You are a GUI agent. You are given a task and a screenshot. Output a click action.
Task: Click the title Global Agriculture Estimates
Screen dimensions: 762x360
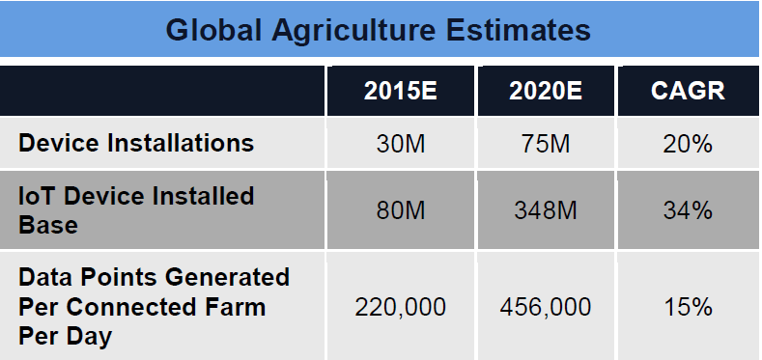pos(378,30)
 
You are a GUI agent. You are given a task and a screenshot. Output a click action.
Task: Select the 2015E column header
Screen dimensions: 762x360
pos(401,91)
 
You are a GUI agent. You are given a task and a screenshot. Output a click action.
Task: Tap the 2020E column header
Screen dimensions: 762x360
pos(546,91)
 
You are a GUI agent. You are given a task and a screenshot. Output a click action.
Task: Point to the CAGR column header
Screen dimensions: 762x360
pos(688,91)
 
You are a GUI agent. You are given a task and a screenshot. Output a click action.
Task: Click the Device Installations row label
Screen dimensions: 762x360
pos(136,143)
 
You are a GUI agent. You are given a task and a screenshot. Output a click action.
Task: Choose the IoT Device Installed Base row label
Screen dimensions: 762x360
pos(136,209)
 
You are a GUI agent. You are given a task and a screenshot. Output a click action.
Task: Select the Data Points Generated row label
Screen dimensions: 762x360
pos(155,307)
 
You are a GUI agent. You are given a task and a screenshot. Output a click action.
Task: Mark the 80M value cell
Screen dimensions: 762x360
pos(401,210)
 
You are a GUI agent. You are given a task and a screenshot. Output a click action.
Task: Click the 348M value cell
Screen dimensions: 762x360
pos(546,210)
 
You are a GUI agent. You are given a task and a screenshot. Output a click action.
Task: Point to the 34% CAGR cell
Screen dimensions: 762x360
pos(688,210)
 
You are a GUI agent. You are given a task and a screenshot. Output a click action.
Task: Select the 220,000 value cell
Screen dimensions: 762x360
pos(401,307)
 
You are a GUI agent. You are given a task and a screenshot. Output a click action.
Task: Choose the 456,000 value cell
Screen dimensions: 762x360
pos(546,307)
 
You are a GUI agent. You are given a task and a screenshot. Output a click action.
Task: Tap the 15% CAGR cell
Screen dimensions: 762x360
pos(688,307)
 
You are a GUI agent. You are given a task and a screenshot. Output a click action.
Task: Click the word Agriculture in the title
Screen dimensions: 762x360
pos(353,31)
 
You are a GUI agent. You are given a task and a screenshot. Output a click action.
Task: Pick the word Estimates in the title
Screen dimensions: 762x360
pos(519,30)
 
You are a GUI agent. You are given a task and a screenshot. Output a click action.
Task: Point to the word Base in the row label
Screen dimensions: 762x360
pos(48,225)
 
